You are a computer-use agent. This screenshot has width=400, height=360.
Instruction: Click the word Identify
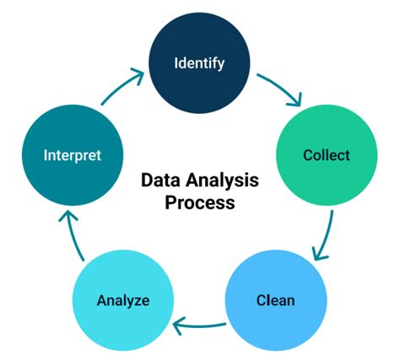(x=199, y=63)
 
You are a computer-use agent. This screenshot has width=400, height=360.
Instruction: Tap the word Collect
(x=327, y=155)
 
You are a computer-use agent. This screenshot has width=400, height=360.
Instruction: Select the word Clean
(x=276, y=299)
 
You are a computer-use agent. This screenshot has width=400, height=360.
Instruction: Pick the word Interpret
(x=72, y=155)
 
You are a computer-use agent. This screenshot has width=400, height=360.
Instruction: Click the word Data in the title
(x=159, y=181)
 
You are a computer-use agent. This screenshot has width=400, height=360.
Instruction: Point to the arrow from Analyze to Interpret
(x=72, y=236)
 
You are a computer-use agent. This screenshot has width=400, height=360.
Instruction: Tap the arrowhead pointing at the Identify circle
(x=138, y=77)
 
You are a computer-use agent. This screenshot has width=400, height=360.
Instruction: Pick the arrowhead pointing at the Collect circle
(x=296, y=102)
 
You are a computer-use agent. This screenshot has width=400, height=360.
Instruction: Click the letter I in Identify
(x=176, y=63)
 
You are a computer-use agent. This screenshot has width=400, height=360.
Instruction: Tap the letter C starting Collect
(x=308, y=155)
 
